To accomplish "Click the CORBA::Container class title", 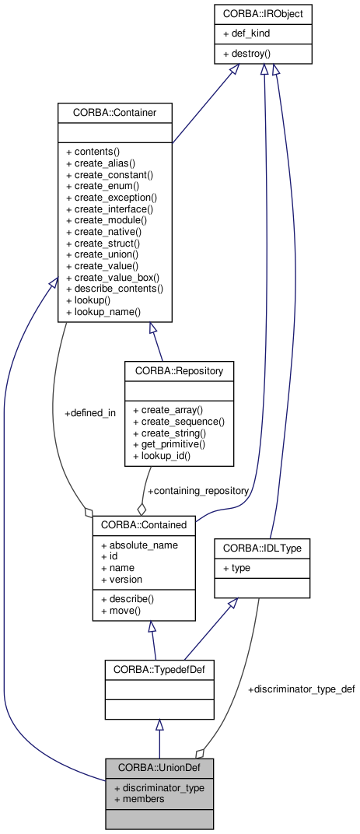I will [x=114, y=113].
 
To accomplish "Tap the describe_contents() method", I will [x=114, y=289].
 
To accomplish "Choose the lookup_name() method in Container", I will [x=103, y=311].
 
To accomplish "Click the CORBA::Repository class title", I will [x=179, y=371].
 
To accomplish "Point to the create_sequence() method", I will [x=178, y=421].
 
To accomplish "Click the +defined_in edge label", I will [x=89, y=413].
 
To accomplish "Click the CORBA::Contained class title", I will [x=143, y=525].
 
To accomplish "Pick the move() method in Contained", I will [x=121, y=611].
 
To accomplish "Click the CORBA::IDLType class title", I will [x=267, y=548].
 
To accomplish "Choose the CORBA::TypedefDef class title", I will [x=159, y=668].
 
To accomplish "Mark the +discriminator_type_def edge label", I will [x=301, y=689].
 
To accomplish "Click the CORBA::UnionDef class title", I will [x=159, y=768].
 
